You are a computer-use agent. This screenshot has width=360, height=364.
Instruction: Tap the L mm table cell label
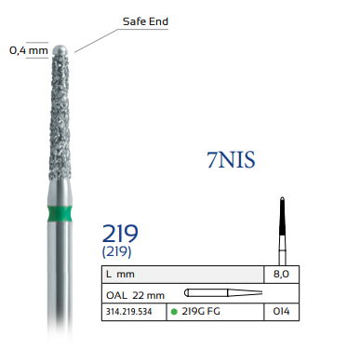point(120,275)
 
